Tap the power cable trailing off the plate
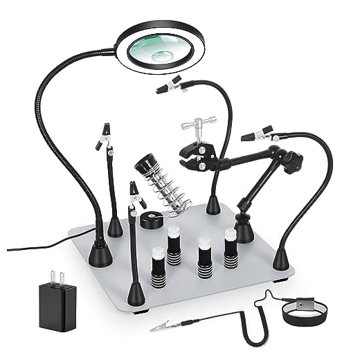pyautogui.click(x=42, y=245)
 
